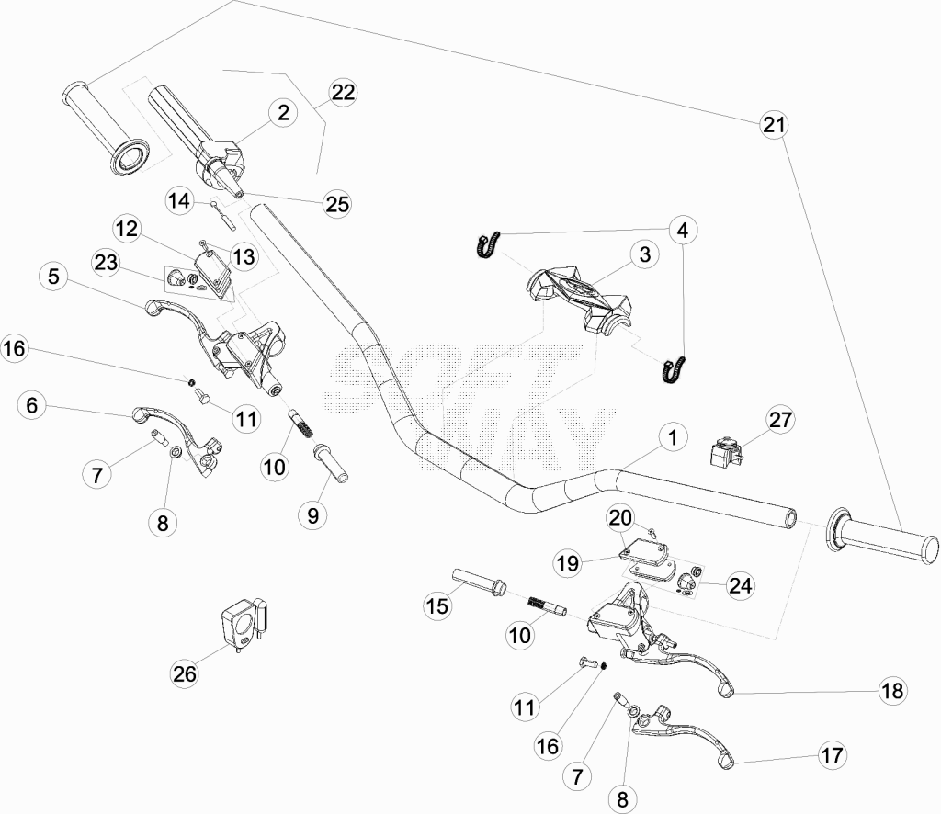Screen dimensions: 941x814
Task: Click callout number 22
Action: point(344,93)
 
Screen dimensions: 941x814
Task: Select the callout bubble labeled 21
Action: point(774,125)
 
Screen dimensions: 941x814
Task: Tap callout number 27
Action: point(780,420)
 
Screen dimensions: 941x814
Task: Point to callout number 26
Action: point(184,673)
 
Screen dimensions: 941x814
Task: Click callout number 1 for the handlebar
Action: point(673,437)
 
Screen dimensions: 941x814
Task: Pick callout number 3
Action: point(644,254)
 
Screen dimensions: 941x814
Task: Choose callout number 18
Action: point(892,691)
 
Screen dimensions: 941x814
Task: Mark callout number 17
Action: point(832,756)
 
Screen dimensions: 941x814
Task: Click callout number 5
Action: point(54,277)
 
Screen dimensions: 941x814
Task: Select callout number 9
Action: point(312,514)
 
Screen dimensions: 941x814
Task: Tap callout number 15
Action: point(437,605)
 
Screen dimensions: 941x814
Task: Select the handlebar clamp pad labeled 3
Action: point(578,296)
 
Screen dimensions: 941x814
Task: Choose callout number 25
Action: point(336,204)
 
